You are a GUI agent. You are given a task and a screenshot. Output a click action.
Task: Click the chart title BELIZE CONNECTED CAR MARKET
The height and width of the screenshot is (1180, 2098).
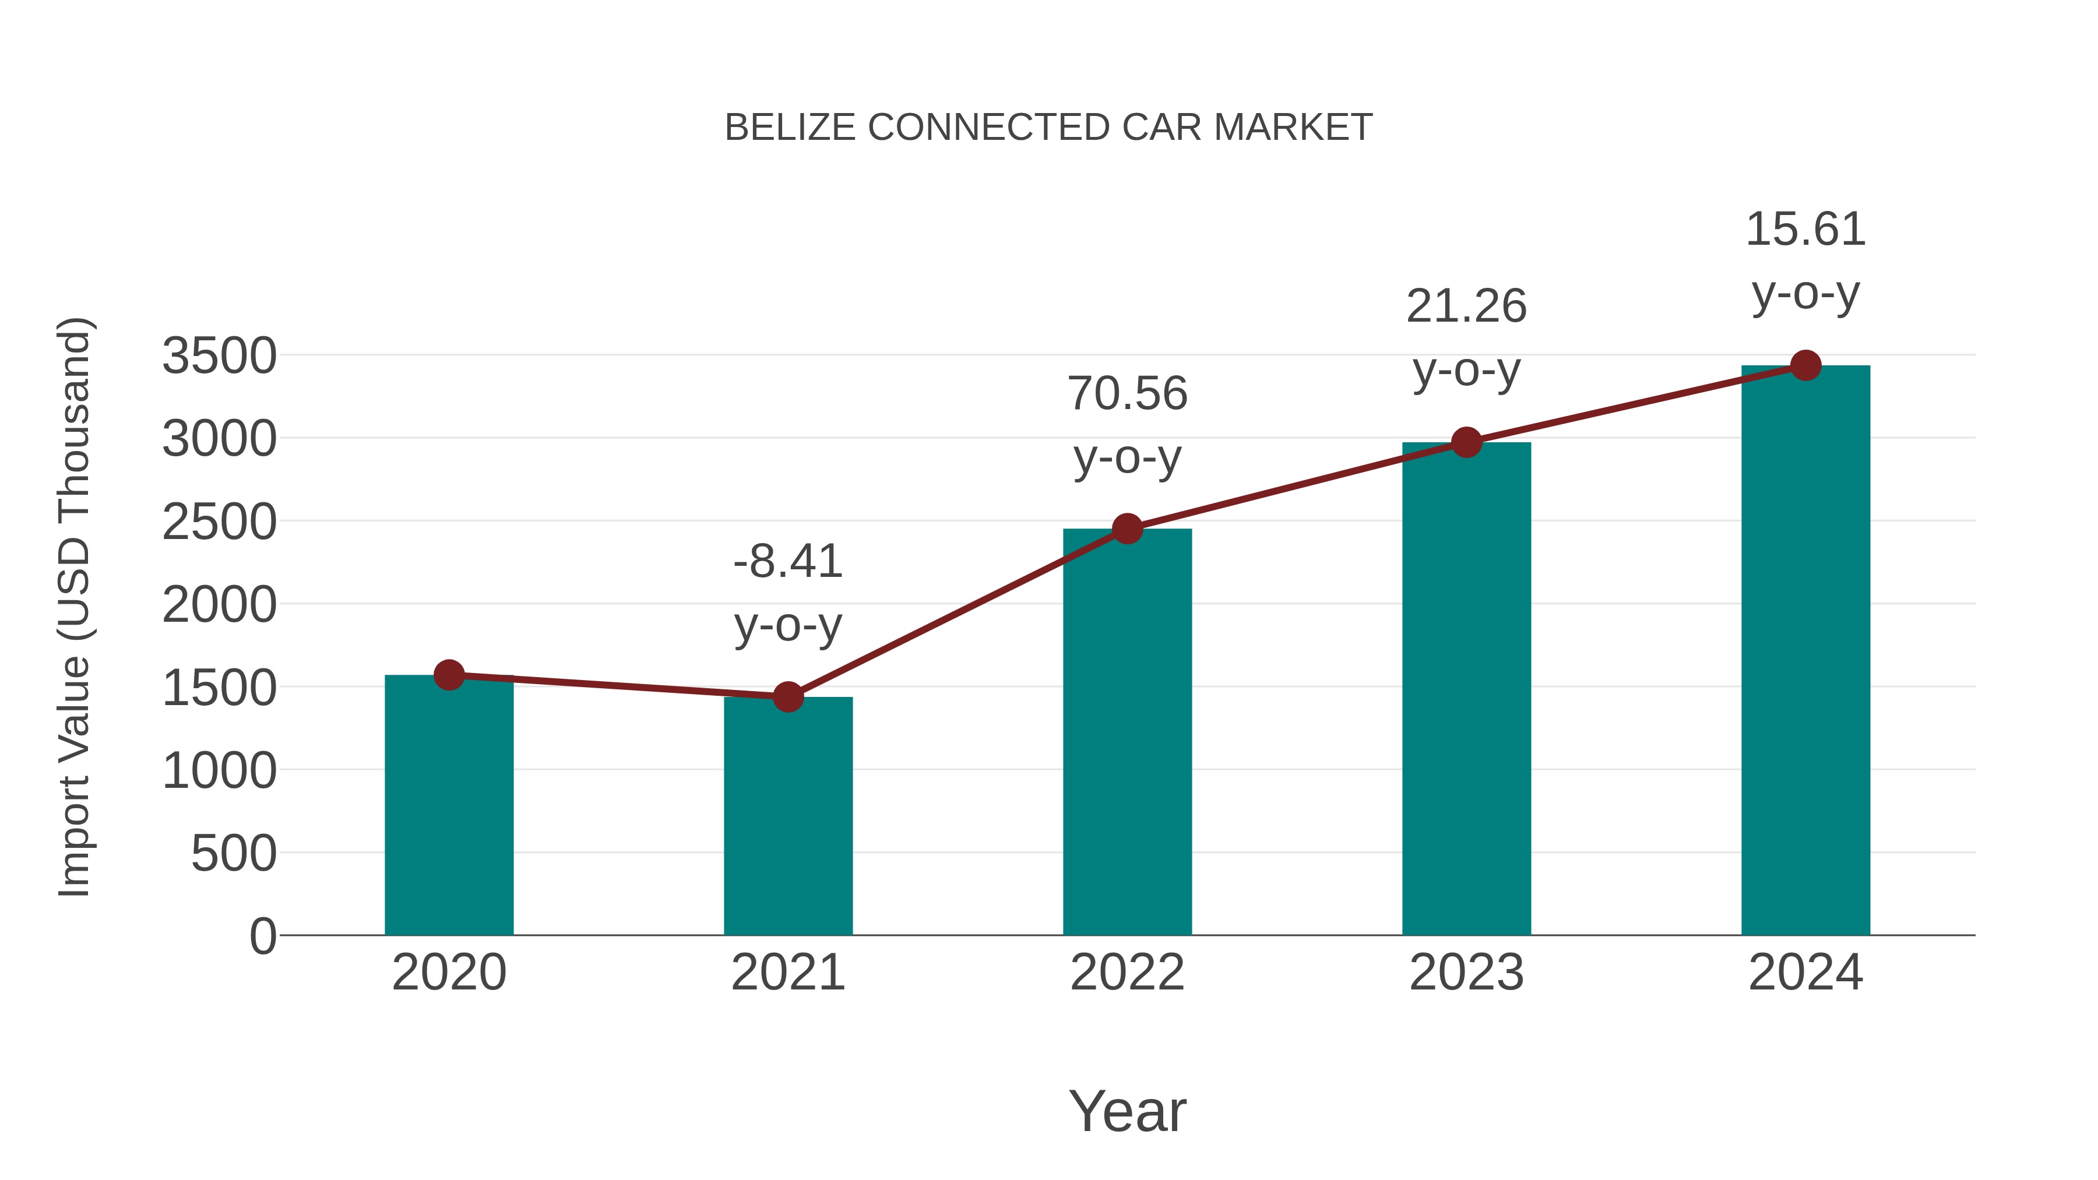pos(1048,128)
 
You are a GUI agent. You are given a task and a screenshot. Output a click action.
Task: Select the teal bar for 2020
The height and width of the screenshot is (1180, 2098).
pos(449,806)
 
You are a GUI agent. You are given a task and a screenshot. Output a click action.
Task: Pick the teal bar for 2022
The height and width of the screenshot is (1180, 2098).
pos(1127,733)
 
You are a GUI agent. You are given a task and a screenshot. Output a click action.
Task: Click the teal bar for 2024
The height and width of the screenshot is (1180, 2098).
pos(1805,651)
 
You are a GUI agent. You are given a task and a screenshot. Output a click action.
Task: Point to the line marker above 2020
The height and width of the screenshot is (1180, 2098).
pos(449,675)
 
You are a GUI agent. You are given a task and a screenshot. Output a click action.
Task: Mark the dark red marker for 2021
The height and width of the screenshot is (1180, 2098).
pos(787,697)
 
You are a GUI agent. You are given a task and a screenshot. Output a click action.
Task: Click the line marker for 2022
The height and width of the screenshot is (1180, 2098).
pos(1127,529)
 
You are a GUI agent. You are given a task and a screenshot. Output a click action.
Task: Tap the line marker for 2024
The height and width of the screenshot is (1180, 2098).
pos(1805,365)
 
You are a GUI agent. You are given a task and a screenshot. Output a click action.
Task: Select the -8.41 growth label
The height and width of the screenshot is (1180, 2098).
pos(787,562)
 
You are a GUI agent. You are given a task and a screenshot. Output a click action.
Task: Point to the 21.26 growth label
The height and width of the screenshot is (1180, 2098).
pos(1466,307)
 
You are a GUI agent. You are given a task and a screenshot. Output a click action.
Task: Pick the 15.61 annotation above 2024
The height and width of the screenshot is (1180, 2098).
pos(1805,230)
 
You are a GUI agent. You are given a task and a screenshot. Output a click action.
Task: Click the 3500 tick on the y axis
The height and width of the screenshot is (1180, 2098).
pos(219,356)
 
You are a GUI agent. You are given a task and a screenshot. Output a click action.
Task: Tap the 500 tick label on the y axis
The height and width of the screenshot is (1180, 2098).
pos(234,854)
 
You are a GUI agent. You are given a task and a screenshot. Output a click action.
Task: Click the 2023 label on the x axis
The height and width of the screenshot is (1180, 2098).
pos(1466,973)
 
